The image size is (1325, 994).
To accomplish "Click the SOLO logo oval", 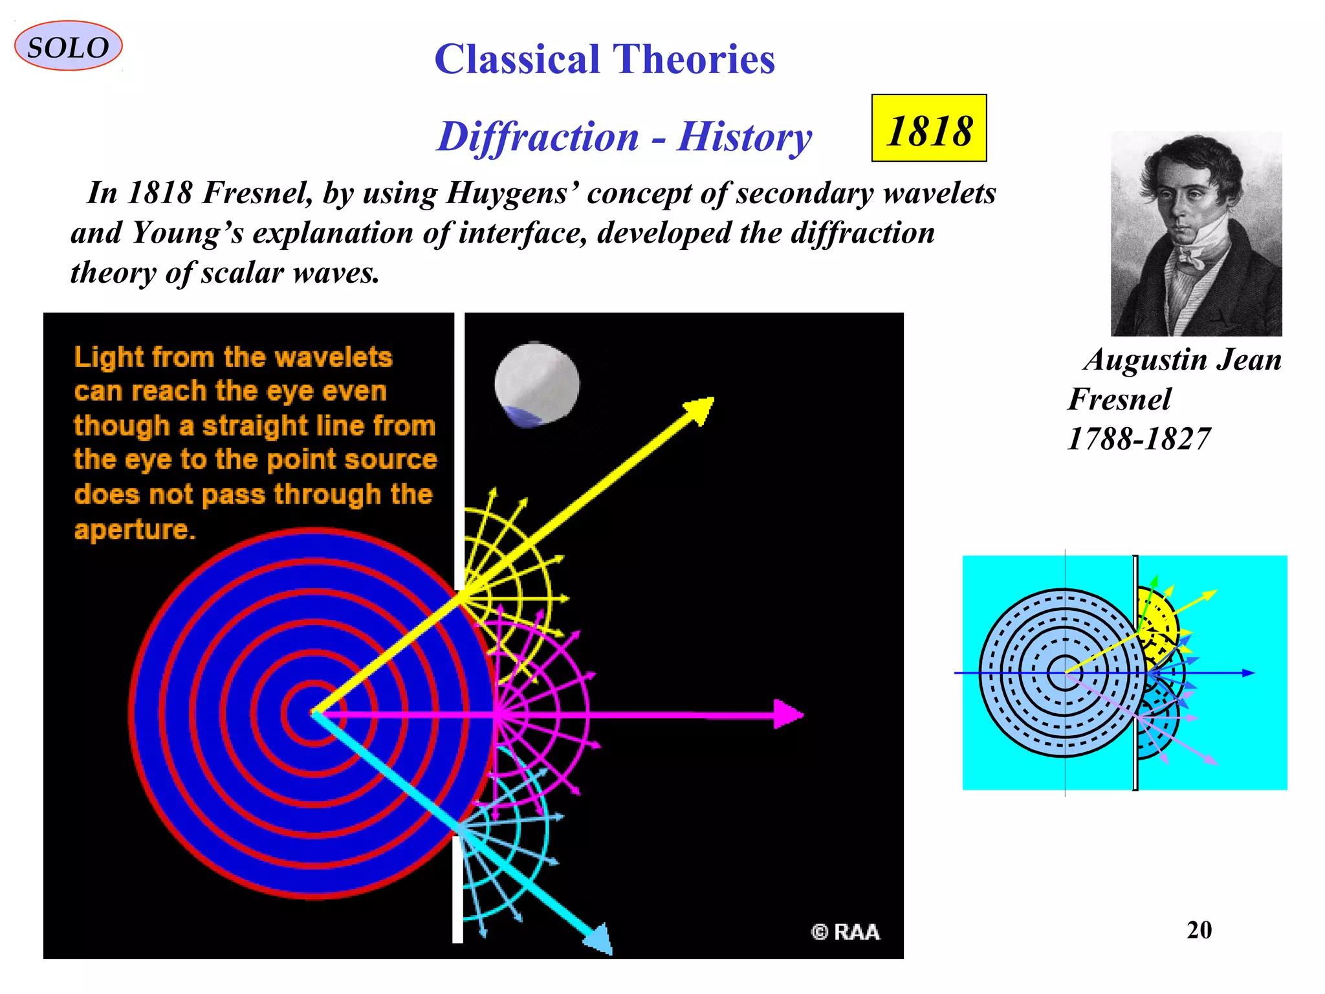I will pyautogui.click(x=68, y=46).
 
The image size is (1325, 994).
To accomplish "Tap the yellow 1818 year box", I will pyautogui.click(x=928, y=128).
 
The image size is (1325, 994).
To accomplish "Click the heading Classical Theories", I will pyautogui.click(x=604, y=59).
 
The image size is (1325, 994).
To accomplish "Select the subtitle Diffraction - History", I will pyautogui.click(x=624, y=137).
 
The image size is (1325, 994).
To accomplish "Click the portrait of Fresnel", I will pyautogui.click(x=1196, y=234).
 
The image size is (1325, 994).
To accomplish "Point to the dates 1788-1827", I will pyautogui.click(x=1138, y=439).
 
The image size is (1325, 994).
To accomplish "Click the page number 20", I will pyautogui.click(x=1199, y=930).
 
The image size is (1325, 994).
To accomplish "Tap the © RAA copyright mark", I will pyautogui.click(x=845, y=932).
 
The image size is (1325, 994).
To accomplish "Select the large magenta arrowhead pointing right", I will pyautogui.click(x=789, y=714).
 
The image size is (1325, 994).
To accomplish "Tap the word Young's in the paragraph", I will pyautogui.click(x=188, y=233).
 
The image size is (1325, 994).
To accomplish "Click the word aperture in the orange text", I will pyautogui.click(x=135, y=529).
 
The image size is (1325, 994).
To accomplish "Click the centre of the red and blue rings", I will pyautogui.click(x=314, y=713).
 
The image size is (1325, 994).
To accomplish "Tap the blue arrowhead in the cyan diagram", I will pyautogui.click(x=1248, y=673).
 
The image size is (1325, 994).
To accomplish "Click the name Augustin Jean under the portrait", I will pyautogui.click(x=1183, y=360).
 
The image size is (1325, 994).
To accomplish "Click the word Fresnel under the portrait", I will pyautogui.click(x=1119, y=399).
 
